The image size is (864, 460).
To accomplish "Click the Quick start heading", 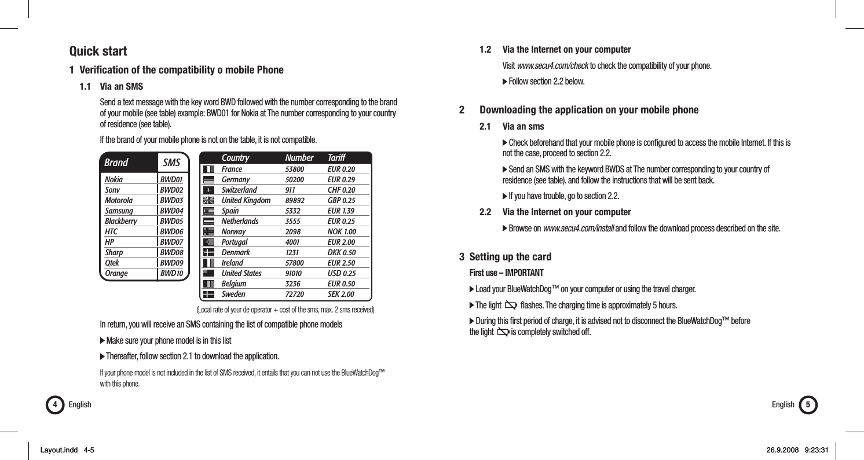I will pos(98,51).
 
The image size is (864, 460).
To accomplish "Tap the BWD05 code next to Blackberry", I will pos(171,221).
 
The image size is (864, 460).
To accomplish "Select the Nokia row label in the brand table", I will pos(114,180).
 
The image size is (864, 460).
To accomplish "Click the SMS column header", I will pos(171,163).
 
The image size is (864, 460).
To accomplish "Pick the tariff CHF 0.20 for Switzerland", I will pos(341,190).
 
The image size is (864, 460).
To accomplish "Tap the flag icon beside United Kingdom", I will pos(209,200).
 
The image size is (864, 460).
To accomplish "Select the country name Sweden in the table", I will pos(234,294).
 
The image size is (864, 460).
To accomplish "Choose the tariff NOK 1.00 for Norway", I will pos(342,231).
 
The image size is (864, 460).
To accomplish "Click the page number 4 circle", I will pos(54,404).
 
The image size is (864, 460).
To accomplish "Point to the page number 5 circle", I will pos(808,404).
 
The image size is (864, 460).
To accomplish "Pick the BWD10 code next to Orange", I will pos(171,273).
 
